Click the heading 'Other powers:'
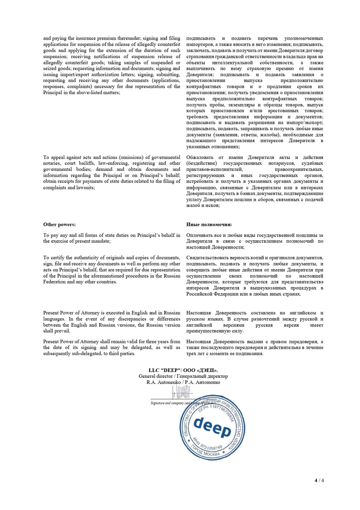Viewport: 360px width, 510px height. tap(59, 224)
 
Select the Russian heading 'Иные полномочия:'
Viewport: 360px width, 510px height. tap(209, 224)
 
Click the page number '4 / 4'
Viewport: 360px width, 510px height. tap(319, 480)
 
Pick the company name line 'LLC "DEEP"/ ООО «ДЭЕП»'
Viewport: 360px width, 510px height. tap(183, 370)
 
